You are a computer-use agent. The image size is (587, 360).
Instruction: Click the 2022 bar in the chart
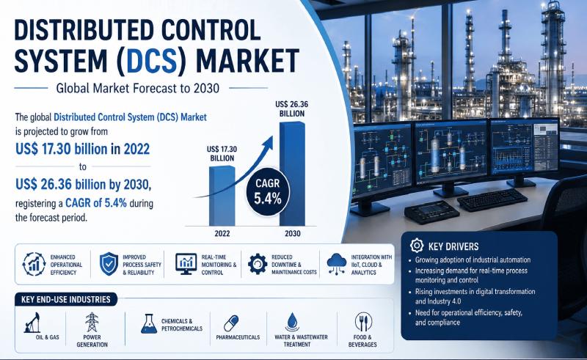click(222, 196)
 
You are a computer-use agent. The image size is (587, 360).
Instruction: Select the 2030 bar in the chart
click(292, 174)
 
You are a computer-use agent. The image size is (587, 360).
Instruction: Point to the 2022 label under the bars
click(222, 233)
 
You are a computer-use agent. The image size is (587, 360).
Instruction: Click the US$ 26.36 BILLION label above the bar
click(291, 109)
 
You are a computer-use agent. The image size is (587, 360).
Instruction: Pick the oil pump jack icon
click(32, 323)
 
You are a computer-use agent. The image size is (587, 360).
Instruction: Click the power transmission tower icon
click(92, 322)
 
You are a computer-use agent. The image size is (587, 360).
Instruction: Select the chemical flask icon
click(149, 323)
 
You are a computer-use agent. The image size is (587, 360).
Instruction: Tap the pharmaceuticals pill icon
click(231, 323)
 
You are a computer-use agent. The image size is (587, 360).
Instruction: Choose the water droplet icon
click(292, 322)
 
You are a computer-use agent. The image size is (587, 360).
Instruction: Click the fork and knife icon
click(362, 322)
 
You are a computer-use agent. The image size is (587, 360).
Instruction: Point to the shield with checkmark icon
click(109, 264)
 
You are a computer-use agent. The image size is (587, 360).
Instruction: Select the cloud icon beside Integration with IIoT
click(336, 264)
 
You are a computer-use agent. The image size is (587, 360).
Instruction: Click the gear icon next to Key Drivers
click(416, 246)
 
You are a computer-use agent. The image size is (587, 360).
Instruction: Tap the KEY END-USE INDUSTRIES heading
click(66, 299)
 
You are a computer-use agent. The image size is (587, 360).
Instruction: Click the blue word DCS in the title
click(152, 60)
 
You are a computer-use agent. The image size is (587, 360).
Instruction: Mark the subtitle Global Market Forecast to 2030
click(137, 88)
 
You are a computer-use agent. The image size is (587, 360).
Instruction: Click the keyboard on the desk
click(492, 199)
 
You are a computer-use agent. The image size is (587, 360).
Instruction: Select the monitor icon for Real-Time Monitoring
click(186, 264)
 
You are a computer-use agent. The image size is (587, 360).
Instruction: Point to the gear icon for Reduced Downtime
click(258, 264)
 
